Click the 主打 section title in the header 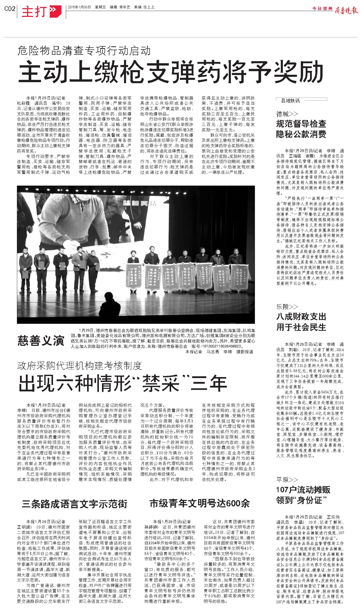coord(34,12)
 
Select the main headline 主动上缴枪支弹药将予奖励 coord(171,72)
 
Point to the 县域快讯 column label coord(290,101)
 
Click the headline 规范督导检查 coord(301,124)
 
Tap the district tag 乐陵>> coord(287,307)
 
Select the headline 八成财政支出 coord(301,317)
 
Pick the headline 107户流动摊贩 coord(303,490)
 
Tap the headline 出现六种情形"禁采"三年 coord(123,383)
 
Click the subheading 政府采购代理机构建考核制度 coord(79,366)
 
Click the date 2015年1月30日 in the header coord(79,7)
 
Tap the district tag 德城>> coord(287,114)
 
